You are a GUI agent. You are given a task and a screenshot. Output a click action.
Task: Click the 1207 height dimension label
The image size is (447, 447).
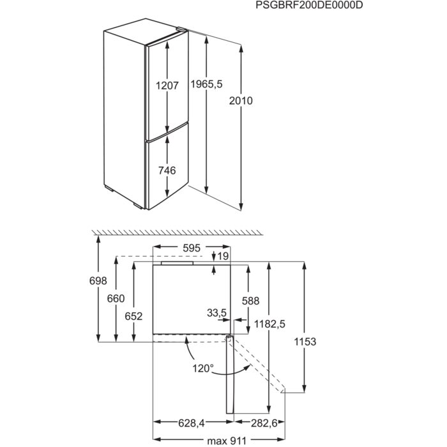coord(168,84)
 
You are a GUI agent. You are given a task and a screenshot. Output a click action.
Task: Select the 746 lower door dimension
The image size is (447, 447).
coord(167,170)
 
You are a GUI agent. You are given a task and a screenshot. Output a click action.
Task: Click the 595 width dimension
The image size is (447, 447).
coord(192,247)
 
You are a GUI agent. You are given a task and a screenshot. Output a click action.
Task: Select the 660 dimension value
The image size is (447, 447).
coord(116,298)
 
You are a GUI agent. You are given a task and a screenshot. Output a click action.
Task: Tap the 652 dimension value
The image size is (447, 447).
coord(135,315)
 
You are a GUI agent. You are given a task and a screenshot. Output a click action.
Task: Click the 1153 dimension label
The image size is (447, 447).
coord(305,342)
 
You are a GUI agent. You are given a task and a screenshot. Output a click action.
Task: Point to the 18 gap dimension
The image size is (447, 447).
coord(222,256)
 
